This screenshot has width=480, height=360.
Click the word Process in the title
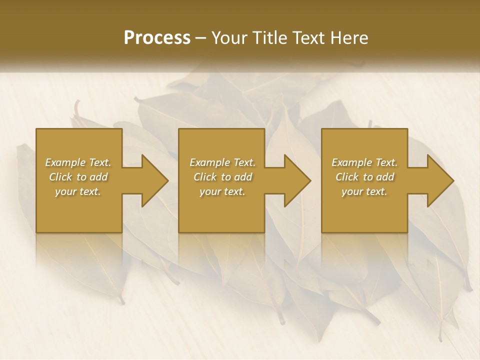coord(157,38)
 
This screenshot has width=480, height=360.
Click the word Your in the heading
coord(229,38)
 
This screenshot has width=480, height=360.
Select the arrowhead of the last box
coord(440,180)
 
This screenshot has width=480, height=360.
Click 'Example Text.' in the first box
coord(78,162)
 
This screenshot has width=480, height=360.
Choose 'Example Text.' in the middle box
coord(222,162)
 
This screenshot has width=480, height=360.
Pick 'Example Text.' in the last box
coord(364,162)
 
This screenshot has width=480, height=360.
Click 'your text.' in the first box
coord(78,191)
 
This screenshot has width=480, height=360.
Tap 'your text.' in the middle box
coord(222,191)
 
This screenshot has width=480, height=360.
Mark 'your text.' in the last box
coord(364,191)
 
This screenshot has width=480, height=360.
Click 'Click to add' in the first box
coord(78,177)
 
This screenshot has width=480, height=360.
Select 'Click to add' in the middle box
coord(222,177)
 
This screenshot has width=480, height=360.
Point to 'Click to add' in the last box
coord(364,177)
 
